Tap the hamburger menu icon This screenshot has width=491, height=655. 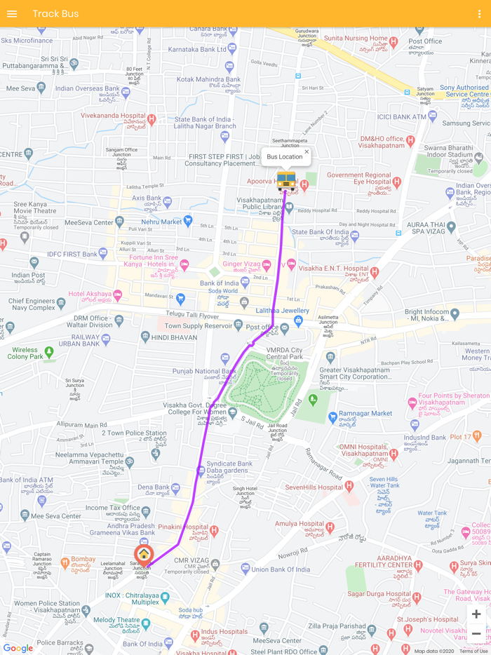coord(12,14)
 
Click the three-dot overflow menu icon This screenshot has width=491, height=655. coord(480,14)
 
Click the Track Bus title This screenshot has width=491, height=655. coord(55,14)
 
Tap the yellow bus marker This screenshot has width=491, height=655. coord(286,181)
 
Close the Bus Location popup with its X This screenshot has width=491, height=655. coord(307,152)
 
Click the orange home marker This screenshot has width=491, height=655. coord(144,555)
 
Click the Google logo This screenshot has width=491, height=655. coord(18,648)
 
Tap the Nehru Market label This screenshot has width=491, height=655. coord(161,222)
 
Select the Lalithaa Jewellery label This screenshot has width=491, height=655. coord(282,311)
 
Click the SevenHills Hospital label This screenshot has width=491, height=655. coord(314,487)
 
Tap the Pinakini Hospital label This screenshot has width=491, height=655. coord(183,526)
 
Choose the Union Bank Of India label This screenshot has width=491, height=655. coord(281,569)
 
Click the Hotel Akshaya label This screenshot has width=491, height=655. coord(90,295)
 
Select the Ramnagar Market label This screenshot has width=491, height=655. coord(366,414)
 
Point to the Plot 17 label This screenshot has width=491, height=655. coord(461,437)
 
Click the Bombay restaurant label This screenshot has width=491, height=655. coord(83,560)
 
